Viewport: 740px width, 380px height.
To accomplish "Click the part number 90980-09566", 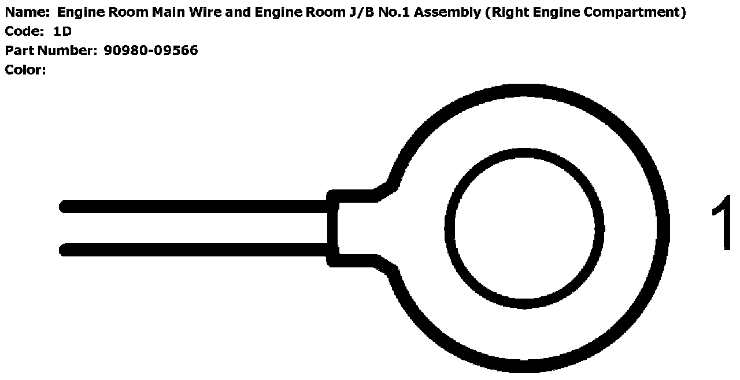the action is (151, 51).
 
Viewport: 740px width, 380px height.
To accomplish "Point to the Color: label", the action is (25, 70).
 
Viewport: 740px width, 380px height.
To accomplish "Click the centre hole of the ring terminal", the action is (524, 229).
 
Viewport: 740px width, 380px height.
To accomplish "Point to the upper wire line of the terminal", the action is (197, 206).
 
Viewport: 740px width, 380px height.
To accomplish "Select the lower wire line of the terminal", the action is (197, 249).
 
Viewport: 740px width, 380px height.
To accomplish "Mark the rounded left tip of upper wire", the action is (64, 206).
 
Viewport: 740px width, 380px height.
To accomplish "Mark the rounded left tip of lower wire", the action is (64, 249).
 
